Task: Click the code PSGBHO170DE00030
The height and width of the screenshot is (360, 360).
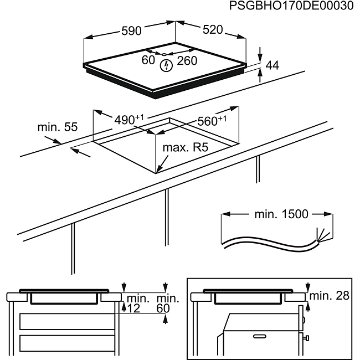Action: (291, 6)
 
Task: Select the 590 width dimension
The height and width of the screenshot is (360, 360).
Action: (131, 31)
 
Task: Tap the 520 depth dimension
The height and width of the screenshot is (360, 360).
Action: (213, 29)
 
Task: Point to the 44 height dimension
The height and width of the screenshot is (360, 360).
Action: (272, 65)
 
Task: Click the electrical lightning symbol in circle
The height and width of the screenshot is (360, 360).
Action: (166, 66)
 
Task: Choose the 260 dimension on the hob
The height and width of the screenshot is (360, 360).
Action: (187, 60)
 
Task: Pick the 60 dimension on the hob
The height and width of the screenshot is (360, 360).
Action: (148, 60)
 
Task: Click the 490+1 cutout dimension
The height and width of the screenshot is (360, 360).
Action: (129, 120)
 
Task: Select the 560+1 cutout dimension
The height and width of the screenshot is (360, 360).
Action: (212, 121)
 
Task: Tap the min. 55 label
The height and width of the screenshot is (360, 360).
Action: (58, 127)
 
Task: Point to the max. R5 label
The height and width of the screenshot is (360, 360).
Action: (186, 147)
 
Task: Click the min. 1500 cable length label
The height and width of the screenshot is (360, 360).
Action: (281, 214)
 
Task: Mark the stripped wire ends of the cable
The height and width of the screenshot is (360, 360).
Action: (325, 234)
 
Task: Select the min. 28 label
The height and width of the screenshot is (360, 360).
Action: (329, 296)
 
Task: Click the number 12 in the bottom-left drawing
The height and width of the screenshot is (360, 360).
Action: (133, 308)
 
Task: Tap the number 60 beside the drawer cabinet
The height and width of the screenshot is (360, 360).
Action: (163, 308)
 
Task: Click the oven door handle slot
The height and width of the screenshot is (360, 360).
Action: (260, 337)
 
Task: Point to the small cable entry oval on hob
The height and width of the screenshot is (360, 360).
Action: (164, 54)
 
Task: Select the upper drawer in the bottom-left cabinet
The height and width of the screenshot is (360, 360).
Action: (67, 321)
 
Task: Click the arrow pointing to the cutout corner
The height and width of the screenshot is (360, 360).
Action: (162, 164)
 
